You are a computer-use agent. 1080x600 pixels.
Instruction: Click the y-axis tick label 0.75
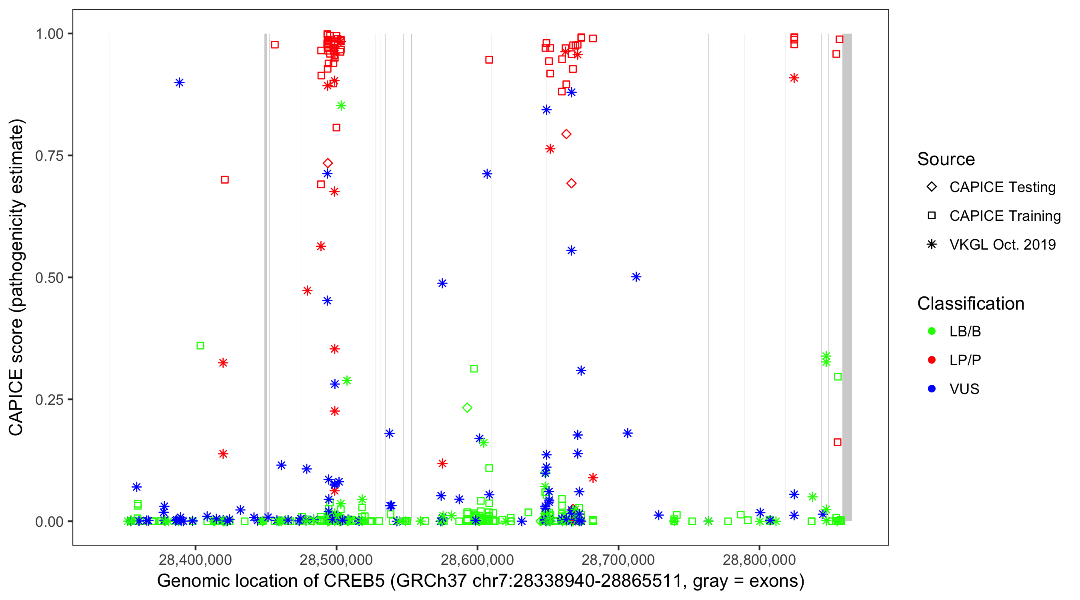[x=49, y=156]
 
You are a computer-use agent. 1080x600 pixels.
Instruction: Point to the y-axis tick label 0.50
[x=49, y=278]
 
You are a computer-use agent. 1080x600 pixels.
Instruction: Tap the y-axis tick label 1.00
[x=49, y=34]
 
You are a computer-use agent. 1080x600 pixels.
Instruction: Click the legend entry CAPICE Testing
[x=1002, y=187]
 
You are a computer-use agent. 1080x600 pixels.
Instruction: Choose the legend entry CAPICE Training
[x=1004, y=216]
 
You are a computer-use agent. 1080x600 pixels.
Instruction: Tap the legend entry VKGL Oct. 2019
[x=1002, y=244]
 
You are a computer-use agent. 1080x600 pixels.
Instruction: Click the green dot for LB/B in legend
[x=932, y=331]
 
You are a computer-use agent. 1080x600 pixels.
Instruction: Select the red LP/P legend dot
[x=932, y=360]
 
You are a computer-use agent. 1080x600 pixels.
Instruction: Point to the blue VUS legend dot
[x=932, y=389]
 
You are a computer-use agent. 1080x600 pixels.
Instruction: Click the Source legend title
[x=946, y=159]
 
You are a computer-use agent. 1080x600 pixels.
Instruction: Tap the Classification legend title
[x=970, y=304]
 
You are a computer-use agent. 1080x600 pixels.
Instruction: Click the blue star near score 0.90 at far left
[x=180, y=82]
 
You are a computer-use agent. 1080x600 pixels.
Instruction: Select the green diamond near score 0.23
[x=467, y=408]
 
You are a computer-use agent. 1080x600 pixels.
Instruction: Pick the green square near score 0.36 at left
[x=200, y=346]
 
